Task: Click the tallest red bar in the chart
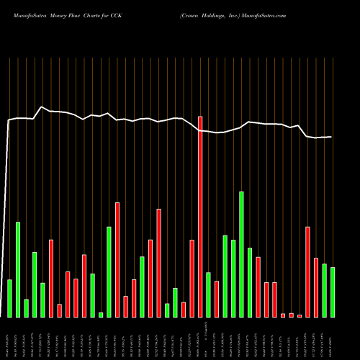(200, 216)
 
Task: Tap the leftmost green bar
(9, 298)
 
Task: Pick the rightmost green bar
(333, 292)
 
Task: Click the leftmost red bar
(51, 278)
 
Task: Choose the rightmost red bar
(316, 287)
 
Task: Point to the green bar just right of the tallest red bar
(209, 294)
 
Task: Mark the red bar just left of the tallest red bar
(192, 278)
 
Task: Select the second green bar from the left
(18, 269)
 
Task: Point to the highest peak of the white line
(42, 107)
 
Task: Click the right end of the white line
(332, 137)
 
